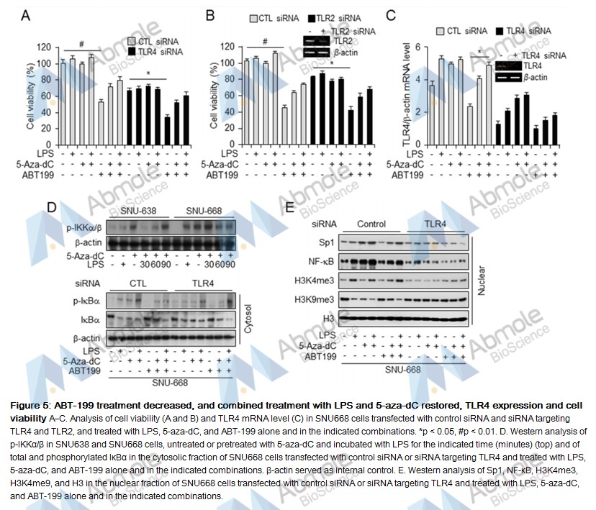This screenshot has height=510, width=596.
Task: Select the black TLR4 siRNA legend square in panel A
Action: click(x=132, y=53)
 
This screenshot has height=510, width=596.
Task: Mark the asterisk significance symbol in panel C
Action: click(x=479, y=51)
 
